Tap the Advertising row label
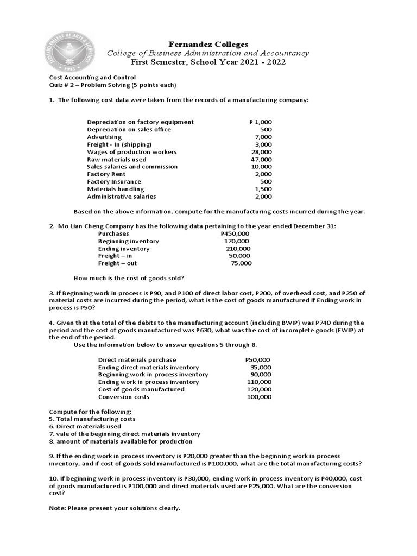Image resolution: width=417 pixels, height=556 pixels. pyautogui.click(x=105, y=137)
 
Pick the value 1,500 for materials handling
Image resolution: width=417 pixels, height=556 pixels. pyautogui.click(x=263, y=189)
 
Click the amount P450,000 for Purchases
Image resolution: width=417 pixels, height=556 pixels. pyautogui.click(x=236, y=233)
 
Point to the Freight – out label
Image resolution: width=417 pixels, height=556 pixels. pyautogui.click(x=117, y=263)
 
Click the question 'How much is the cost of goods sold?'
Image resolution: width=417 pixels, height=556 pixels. pyautogui.click(x=129, y=278)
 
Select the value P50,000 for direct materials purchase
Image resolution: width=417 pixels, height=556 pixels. pyautogui.click(x=257, y=360)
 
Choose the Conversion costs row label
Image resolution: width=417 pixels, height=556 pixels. pyautogui.click(x=123, y=397)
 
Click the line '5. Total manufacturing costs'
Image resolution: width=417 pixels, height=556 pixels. pyautogui.click(x=92, y=419)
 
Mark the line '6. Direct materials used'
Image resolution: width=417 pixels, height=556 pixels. pyautogui.click(x=85, y=427)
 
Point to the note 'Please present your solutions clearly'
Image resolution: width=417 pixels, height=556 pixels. pyautogui.click(x=115, y=508)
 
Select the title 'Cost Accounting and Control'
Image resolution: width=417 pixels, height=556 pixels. pyautogui.click(x=92, y=78)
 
